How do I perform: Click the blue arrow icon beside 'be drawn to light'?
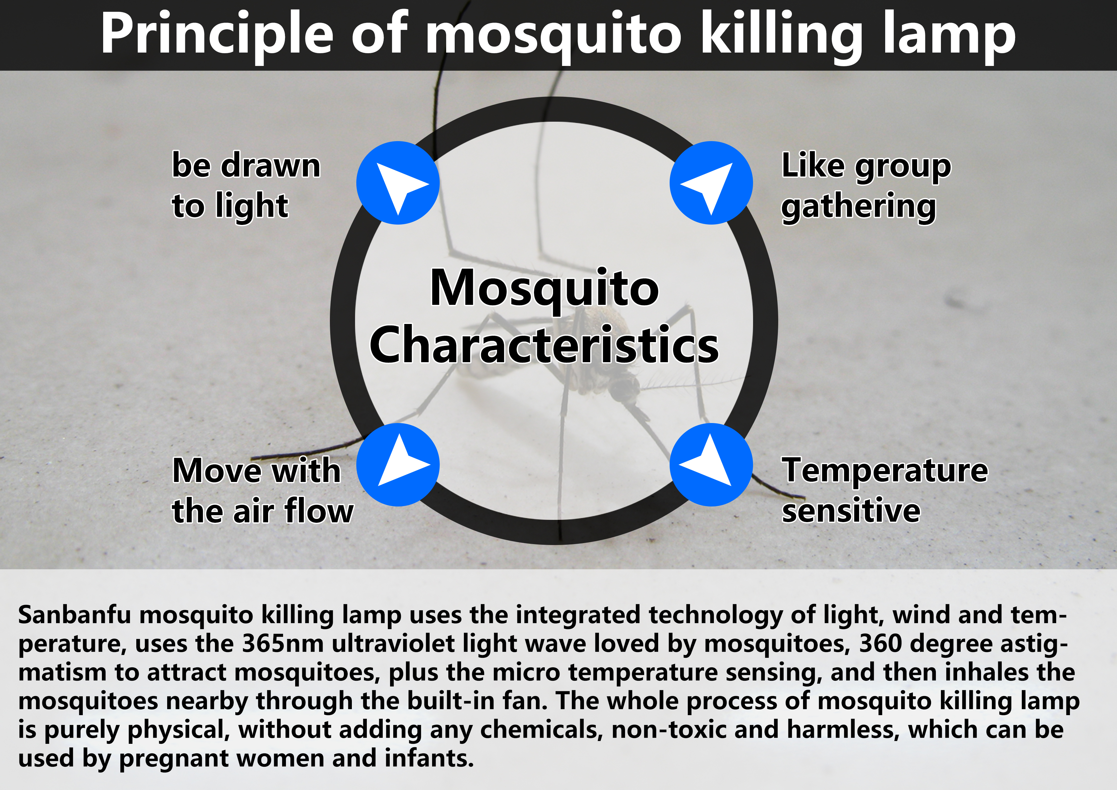point(398,183)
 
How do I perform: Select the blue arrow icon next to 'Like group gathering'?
point(711,183)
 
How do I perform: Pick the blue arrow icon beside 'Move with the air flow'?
point(398,465)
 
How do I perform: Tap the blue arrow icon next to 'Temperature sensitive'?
point(711,465)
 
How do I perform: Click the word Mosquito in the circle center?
point(544,290)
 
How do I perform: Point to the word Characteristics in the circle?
point(544,345)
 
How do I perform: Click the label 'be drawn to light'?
point(246,185)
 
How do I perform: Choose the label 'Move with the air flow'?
point(263,491)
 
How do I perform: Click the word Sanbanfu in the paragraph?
point(75,615)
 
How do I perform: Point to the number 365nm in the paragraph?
point(283,643)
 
